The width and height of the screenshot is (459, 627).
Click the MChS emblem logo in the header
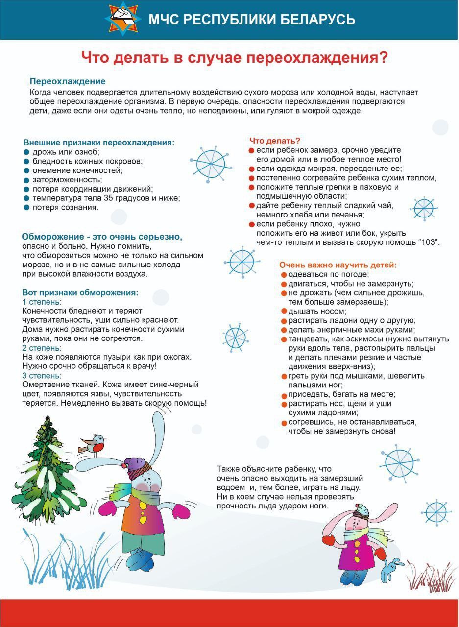(123, 18)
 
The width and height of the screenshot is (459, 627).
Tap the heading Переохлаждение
(68, 81)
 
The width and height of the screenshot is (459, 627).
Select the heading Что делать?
(275, 141)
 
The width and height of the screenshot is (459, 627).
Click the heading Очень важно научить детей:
(338, 265)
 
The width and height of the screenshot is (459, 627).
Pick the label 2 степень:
(42, 348)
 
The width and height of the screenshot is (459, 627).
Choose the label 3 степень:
(42, 375)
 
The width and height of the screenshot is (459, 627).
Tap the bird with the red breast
(95, 443)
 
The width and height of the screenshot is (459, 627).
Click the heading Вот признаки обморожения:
(80, 292)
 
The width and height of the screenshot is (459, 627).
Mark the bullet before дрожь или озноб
(26, 152)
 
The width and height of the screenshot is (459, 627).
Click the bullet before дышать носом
(284, 311)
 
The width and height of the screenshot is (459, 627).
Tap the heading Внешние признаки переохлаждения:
(98, 142)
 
